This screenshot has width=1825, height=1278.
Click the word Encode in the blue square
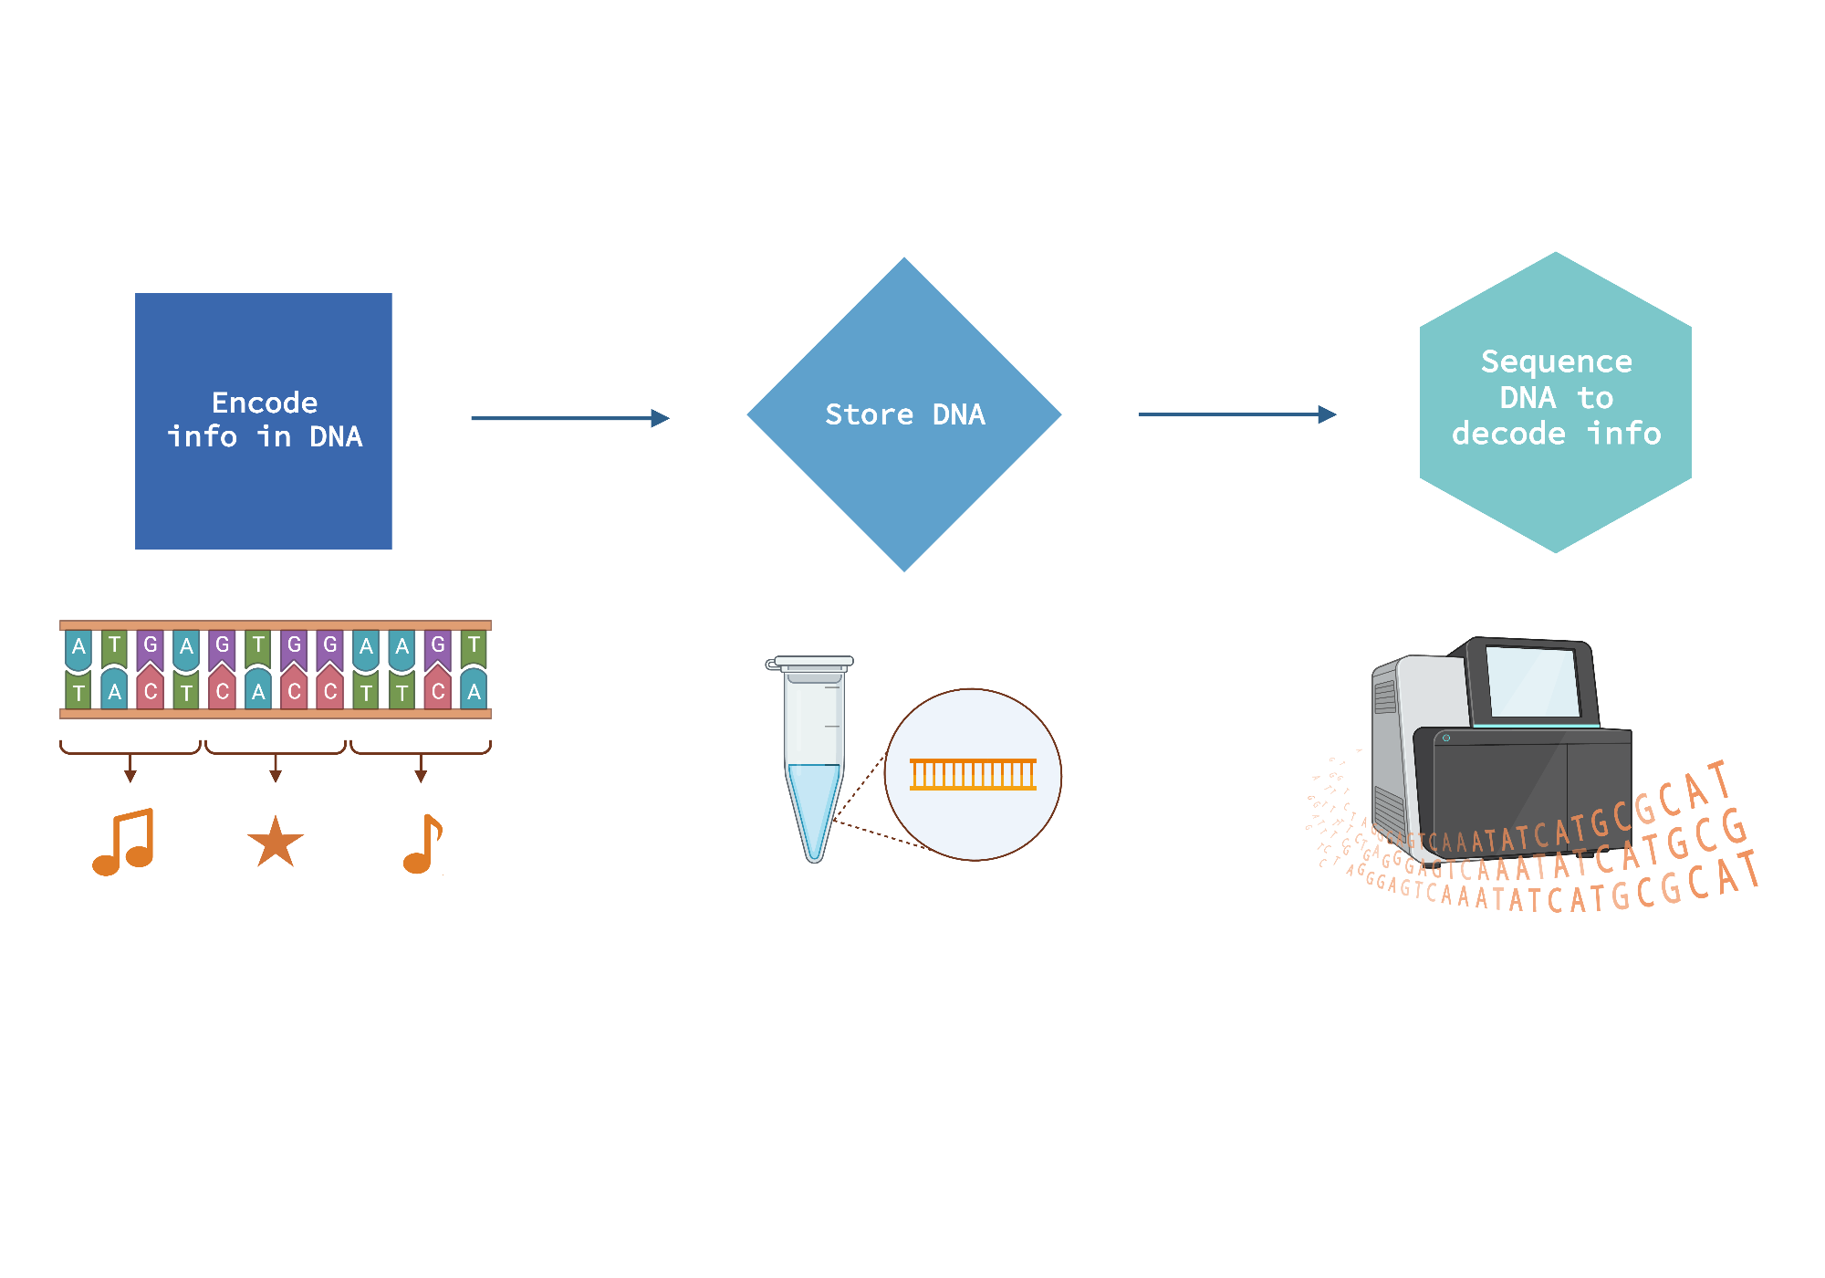[265, 403]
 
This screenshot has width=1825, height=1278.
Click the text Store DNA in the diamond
[904, 414]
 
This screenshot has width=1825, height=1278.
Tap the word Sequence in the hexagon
[1556, 361]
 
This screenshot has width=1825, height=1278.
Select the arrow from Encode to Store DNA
[569, 418]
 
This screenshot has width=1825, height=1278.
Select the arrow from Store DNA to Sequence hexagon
[1236, 414]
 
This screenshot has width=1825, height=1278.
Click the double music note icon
[124, 842]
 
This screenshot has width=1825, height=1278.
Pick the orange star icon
[275, 843]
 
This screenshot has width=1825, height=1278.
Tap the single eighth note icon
[422, 843]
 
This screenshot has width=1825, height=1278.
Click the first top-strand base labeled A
[78, 647]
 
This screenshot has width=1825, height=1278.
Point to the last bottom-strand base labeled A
[474, 691]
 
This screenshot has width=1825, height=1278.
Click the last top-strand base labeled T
[474, 645]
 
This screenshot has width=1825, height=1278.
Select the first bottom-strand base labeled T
[78, 692]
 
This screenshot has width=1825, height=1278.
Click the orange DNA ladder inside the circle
[973, 774]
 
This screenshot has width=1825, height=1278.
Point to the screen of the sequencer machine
[1531, 682]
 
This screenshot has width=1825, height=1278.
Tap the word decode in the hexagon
[1507, 434]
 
